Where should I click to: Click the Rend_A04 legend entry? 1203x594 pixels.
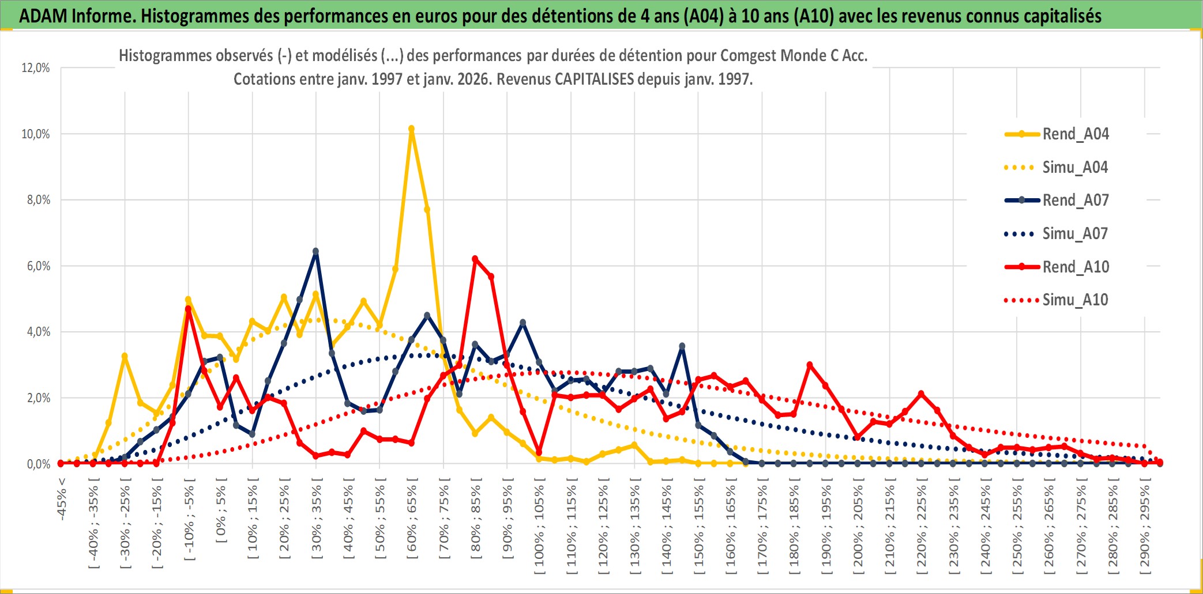(x=1075, y=134)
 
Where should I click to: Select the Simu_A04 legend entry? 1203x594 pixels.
(x=1075, y=168)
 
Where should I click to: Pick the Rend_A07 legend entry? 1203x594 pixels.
(x=1075, y=200)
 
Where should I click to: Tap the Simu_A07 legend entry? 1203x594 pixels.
(x=1075, y=234)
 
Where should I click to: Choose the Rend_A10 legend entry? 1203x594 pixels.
(x=1075, y=267)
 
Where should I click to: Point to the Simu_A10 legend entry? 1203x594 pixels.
(x=1075, y=300)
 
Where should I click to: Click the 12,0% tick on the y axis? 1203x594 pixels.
(x=36, y=68)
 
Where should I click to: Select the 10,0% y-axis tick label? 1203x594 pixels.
(x=36, y=134)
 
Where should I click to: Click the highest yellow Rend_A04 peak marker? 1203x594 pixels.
(x=411, y=129)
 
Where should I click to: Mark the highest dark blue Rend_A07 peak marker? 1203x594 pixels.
(x=315, y=251)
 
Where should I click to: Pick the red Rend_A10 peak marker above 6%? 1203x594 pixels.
(x=475, y=259)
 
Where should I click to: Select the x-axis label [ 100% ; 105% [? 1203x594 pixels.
(x=539, y=530)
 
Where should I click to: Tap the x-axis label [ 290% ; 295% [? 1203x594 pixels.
(x=1144, y=530)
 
